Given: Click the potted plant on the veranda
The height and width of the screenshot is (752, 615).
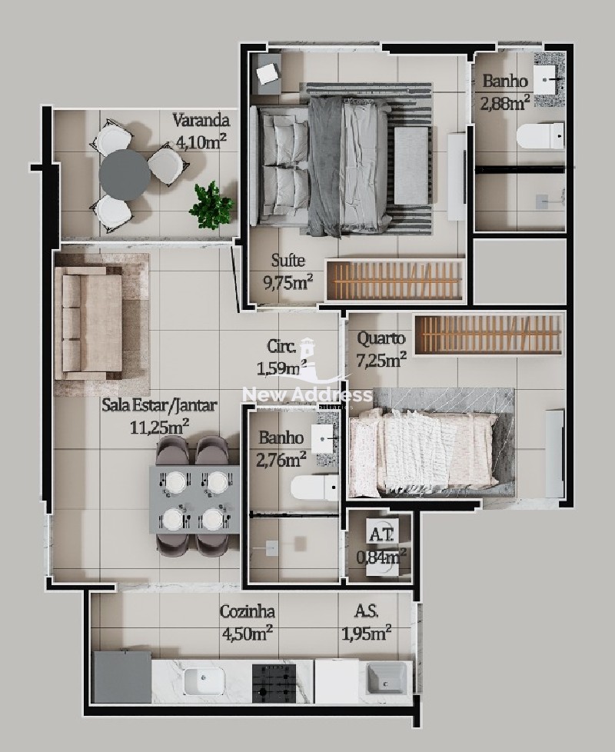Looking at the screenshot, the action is pos(211,206).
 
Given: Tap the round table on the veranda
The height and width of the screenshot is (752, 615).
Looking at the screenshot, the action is pos(125,175).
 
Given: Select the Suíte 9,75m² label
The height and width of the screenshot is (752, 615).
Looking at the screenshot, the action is pos(288,271).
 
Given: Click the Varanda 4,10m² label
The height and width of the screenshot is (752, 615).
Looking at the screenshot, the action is pos(201,131).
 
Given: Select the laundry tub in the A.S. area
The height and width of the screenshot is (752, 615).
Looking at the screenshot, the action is pos(387,678).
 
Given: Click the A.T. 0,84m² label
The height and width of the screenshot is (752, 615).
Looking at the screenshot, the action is pos(381,545).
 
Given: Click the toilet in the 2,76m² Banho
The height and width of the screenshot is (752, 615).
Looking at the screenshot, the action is pos(314,488).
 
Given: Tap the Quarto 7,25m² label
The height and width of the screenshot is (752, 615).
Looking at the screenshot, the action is pos(381,348).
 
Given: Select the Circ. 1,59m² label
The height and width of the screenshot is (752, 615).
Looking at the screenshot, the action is pos(282,358).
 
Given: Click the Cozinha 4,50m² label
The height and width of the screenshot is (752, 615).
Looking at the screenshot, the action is pos(248,622).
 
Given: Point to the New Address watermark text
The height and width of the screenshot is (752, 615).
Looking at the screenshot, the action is pos(307,395).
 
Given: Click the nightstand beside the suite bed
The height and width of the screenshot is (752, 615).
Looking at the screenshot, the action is pos(267,74).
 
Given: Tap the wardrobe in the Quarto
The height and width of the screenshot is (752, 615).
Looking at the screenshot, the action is pos(488,334).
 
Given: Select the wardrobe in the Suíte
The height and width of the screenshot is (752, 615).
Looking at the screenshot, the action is pos(395,281).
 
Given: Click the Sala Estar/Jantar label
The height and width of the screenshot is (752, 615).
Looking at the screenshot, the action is pos(159,405).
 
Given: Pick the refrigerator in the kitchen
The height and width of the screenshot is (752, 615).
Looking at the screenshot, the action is pos(123,677).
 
